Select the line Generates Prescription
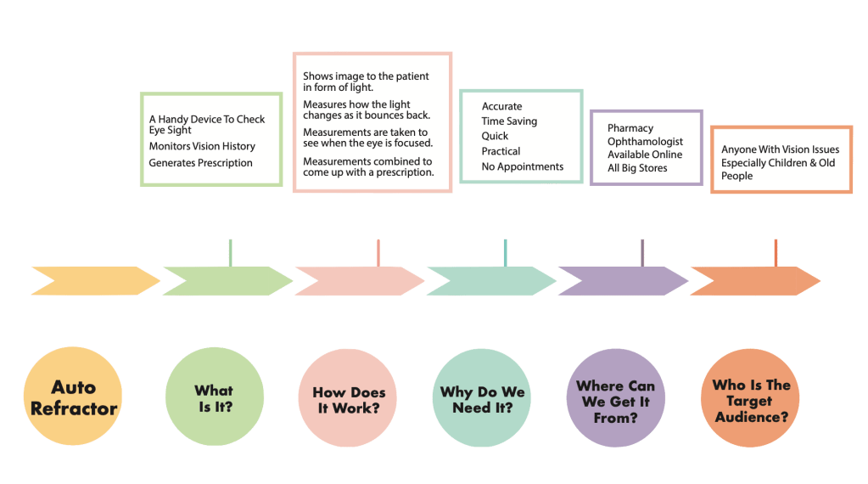point(201,162)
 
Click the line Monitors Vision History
point(202,146)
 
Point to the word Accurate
point(502,106)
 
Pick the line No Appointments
point(523,166)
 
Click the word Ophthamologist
point(645,142)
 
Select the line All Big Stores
point(637,168)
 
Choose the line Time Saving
point(509,121)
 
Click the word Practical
point(501,151)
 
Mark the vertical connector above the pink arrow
point(378,252)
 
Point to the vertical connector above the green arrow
point(230,252)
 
